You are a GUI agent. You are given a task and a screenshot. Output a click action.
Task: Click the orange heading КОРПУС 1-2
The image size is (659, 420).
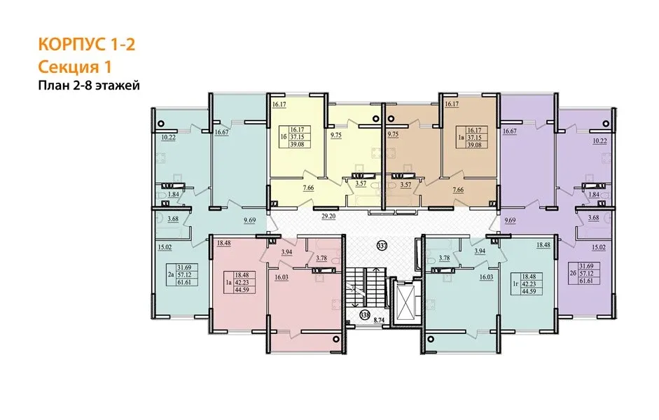pos(87,44)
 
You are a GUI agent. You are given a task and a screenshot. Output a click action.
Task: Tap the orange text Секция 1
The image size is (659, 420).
pos(75,66)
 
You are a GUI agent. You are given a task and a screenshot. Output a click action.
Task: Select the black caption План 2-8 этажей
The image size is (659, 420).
pos(89,86)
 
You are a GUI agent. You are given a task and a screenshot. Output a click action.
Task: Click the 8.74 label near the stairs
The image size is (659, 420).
pos(379,320)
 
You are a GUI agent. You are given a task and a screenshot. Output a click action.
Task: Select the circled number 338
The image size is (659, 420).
pos(365,314)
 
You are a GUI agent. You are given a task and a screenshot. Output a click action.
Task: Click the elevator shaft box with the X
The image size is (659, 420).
pos(405,302)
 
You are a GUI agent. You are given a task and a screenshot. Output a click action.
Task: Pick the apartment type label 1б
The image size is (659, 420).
pos(283,137)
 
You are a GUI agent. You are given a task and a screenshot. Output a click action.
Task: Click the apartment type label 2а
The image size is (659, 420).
pos(171,274)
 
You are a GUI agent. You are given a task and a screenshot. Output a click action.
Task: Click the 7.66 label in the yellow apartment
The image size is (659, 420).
pos(308,188)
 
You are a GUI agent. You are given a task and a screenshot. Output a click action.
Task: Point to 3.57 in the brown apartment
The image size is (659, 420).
pos(405,184)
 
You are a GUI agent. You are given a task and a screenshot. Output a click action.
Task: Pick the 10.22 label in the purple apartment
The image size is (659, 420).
pos(599,141)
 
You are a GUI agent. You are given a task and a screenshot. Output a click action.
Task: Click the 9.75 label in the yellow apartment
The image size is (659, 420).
pos(336,135)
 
